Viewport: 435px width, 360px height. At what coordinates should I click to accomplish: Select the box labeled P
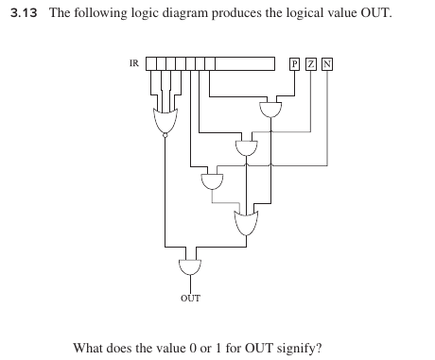(x=295, y=64)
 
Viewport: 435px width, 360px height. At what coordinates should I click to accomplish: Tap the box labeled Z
(x=311, y=64)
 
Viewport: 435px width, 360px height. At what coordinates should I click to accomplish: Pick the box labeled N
(x=327, y=64)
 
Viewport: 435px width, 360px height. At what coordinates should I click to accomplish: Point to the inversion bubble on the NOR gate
(x=165, y=137)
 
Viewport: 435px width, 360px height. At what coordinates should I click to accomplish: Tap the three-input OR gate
(x=247, y=223)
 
